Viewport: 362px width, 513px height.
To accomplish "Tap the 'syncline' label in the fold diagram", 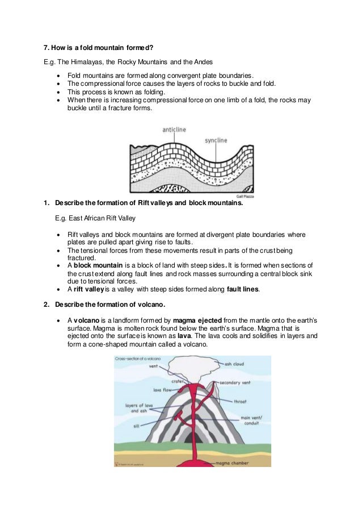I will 216,139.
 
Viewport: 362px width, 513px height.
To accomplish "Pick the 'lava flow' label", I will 162,390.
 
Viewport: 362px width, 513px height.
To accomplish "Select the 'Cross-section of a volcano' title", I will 137,359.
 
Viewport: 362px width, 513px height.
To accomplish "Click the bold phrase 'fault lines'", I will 243,289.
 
